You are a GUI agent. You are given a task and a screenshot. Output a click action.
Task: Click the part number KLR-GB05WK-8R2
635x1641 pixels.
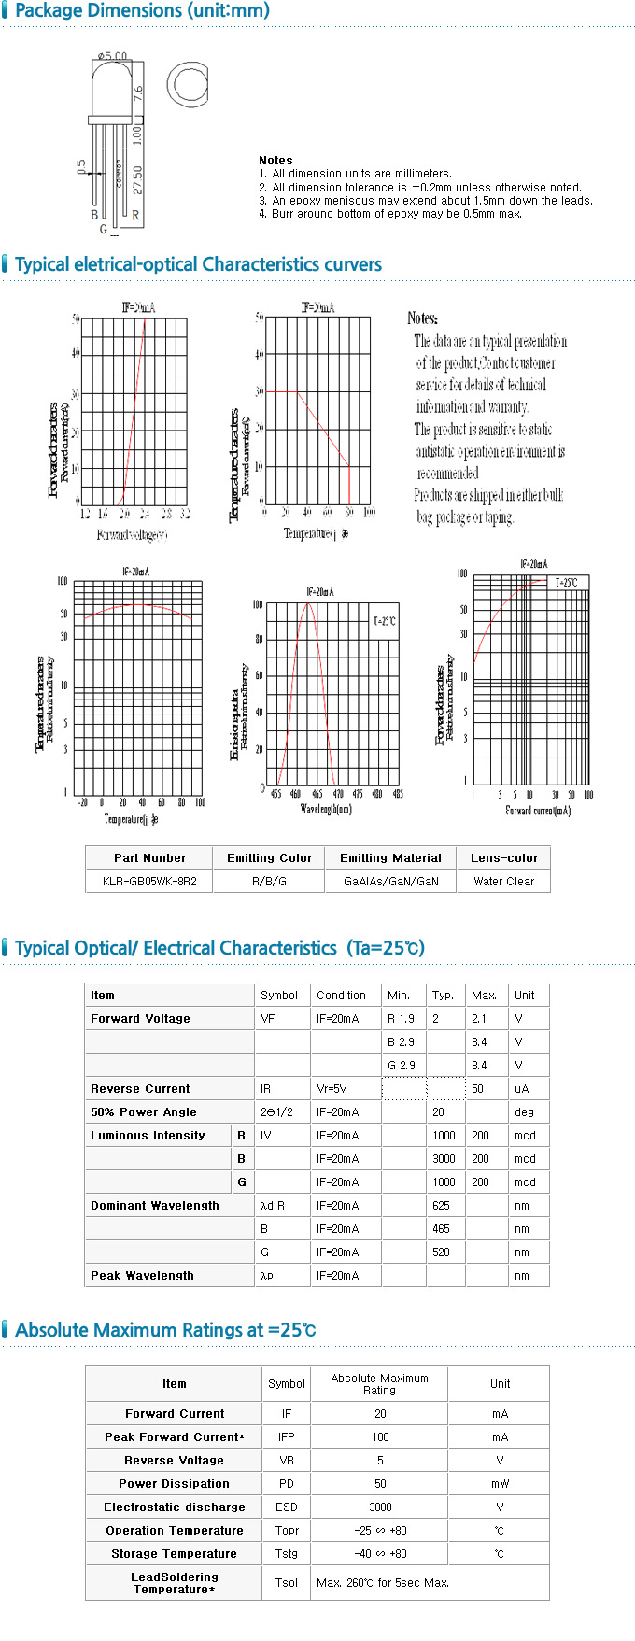click(149, 881)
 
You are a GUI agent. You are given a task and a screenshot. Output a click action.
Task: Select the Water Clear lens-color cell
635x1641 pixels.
click(503, 881)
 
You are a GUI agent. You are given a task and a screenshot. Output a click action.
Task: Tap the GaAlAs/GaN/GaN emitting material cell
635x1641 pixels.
click(390, 881)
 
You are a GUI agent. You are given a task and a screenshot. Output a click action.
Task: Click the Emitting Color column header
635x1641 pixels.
click(269, 857)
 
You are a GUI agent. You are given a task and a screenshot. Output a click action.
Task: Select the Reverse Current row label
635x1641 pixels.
click(140, 1088)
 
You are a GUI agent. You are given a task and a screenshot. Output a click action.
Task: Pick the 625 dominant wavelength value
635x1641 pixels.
click(441, 1205)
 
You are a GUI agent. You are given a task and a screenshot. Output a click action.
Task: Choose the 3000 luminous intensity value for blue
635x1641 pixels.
click(444, 1158)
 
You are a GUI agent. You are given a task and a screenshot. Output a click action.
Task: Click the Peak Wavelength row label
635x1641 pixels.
click(142, 1275)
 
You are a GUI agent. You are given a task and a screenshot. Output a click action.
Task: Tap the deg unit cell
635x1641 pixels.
click(524, 1111)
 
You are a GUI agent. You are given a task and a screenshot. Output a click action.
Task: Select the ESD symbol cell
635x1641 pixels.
click(286, 1507)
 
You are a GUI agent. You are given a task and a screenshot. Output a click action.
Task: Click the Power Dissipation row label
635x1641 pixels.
click(174, 1483)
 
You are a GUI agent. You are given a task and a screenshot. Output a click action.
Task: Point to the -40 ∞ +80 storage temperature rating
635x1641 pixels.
click(380, 1553)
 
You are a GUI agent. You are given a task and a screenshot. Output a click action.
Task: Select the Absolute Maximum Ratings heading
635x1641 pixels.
click(165, 1329)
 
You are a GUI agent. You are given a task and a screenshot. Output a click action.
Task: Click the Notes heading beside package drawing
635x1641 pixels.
click(275, 160)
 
